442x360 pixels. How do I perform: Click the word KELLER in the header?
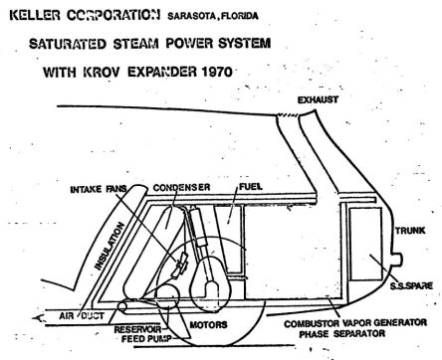pos(35,15)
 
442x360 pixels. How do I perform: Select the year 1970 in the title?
pos(217,72)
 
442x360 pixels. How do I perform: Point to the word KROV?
pos(101,72)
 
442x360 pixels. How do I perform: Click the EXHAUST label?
pos(318,99)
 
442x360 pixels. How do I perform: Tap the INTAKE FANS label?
pos(99,189)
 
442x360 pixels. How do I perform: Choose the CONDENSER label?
pos(181,187)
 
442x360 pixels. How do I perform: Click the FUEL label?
pos(251,187)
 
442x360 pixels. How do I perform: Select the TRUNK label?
pos(410,231)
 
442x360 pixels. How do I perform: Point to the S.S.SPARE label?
pos(411,285)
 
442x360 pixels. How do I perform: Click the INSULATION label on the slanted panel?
pos(110,246)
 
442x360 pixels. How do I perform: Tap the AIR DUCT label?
pos(82,316)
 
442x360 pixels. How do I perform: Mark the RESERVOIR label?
pos(137,329)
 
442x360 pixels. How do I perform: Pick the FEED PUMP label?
pos(146,339)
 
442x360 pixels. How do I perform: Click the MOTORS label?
pos(208,324)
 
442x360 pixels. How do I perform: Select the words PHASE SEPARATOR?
pos(342,333)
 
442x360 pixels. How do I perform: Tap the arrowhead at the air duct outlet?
pos(38,318)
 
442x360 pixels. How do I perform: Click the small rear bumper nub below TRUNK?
pos(397,260)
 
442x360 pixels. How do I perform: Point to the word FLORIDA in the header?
pos(239,16)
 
